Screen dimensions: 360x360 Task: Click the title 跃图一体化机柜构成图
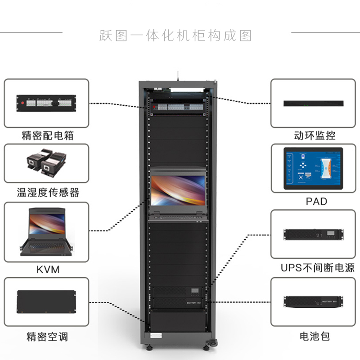175,36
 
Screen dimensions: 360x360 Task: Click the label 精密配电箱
47,135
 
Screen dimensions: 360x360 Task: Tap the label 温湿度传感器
48,193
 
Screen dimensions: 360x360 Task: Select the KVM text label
47,270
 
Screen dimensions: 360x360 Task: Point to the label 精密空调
47,336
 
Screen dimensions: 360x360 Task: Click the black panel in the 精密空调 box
47,302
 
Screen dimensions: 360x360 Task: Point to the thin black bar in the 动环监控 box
314,103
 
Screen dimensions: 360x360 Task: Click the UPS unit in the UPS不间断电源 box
313,235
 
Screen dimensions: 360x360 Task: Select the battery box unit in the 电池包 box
313,302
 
